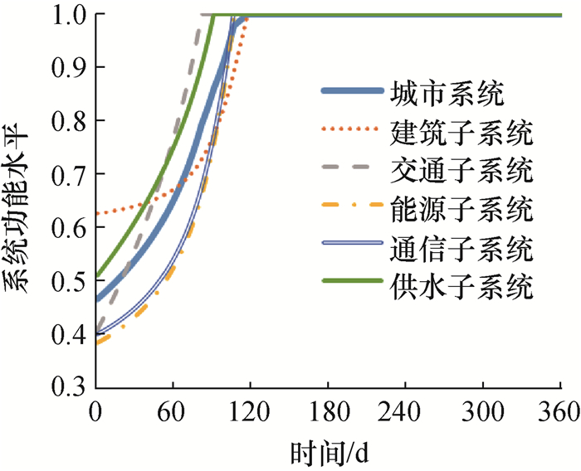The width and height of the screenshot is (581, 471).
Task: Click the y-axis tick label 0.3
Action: (x=69, y=386)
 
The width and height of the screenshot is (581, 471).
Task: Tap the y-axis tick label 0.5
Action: (x=69, y=280)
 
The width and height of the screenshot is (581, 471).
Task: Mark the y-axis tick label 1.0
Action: (x=69, y=15)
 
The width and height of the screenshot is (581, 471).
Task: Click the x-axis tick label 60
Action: (x=173, y=412)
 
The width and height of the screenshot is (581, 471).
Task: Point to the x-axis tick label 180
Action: (x=329, y=412)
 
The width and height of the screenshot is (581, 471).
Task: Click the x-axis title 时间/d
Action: (x=330, y=453)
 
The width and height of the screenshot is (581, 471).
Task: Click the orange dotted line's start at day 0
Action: (x=97, y=214)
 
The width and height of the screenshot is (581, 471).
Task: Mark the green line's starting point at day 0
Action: (x=97, y=275)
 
